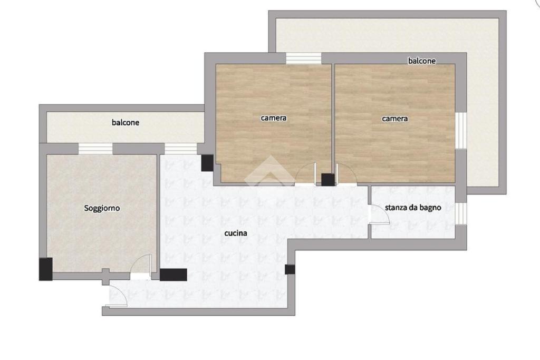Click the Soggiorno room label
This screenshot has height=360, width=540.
(102, 208)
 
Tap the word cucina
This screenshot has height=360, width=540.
(236, 233)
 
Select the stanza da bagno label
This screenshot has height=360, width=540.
(413, 208)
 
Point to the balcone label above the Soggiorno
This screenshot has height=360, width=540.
(126, 122)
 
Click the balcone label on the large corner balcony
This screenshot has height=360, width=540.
(422, 61)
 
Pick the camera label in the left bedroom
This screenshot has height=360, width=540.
(274, 118)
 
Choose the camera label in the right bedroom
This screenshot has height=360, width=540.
(394, 119)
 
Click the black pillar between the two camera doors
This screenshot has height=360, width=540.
(328, 180)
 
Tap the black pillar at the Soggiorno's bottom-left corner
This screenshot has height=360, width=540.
(45, 269)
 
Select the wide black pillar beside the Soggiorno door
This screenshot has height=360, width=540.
(173, 275)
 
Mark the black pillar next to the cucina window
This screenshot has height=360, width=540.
(207, 163)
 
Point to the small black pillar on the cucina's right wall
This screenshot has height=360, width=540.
(290, 269)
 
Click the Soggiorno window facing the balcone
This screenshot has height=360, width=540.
(95, 149)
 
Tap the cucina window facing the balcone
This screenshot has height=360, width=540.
(180, 149)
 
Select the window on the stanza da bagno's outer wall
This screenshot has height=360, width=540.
(461, 213)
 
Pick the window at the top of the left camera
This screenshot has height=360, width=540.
(303, 58)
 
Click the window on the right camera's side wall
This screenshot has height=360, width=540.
(461, 131)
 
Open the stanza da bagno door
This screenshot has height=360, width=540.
(379, 214)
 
